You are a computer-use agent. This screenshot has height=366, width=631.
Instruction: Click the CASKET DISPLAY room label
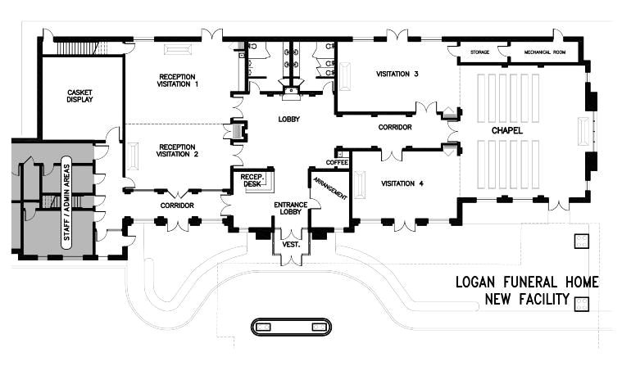pos(79,95)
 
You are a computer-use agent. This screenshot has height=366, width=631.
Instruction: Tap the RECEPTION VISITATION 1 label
pos(178,80)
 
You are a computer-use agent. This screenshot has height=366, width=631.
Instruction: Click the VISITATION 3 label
pos(397,75)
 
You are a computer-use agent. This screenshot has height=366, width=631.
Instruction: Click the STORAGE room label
pos(480,52)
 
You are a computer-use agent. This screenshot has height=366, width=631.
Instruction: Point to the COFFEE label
pos(338,161)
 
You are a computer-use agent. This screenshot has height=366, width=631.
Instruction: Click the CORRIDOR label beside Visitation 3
pos(395,128)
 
